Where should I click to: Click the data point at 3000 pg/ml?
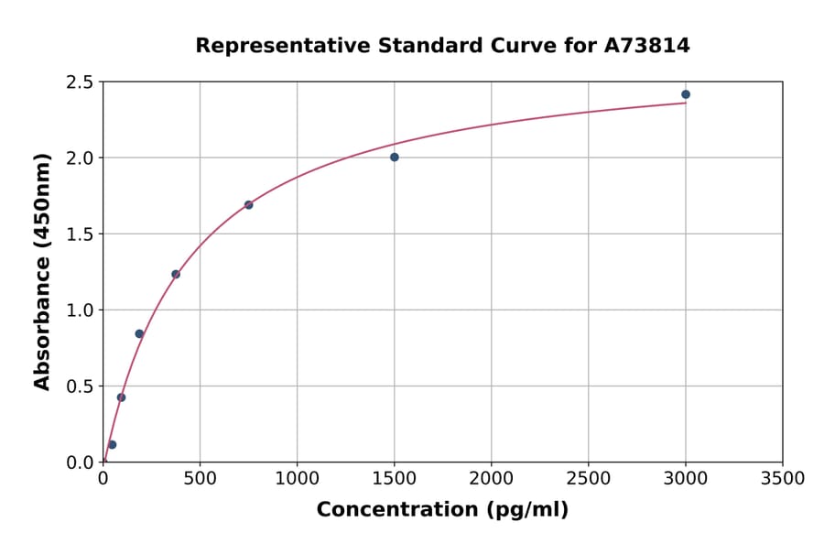point(686,94)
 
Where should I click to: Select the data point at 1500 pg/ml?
point(395,158)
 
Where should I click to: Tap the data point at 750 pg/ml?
point(249,205)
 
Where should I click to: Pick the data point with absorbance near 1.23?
point(176,275)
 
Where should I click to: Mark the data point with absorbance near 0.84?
point(139,333)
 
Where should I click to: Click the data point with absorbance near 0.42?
point(121,397)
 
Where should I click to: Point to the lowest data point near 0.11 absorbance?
point(112,445)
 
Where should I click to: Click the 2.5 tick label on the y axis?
point(80,82)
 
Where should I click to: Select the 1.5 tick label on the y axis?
point(80,234)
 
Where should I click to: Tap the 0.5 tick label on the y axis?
point(80,386)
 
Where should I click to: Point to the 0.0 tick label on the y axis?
point(80,462)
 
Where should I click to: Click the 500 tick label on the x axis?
point(200,478)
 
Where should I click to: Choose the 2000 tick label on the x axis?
point(492,478)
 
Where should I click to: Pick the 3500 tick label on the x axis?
point(783,478)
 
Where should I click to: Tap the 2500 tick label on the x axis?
point(589,478)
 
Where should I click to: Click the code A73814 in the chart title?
point(646,45)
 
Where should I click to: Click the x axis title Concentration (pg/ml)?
point(442,510)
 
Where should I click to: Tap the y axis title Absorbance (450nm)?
point(42,271)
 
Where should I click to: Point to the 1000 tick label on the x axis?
point(297,478)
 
